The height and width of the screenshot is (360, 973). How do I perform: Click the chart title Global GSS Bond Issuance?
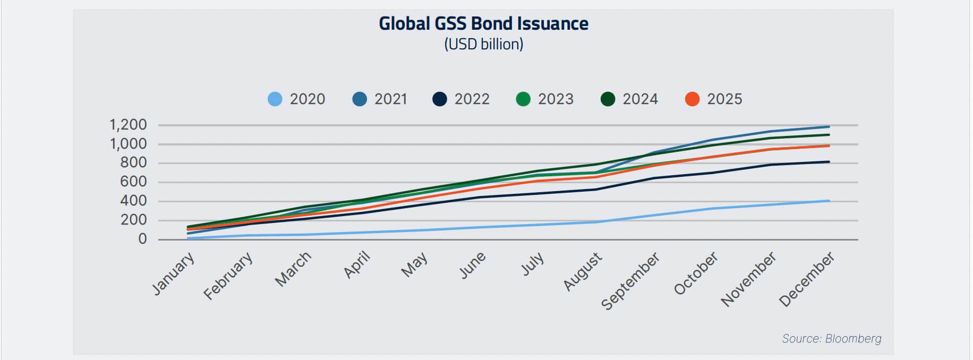pos(483,24)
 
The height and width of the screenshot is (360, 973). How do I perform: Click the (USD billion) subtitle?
pos(483,44)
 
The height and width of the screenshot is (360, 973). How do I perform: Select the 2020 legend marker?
pos(275,99)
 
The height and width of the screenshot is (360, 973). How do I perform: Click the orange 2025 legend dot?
pos(692,99)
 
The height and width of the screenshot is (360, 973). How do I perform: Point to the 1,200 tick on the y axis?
pos(128,125)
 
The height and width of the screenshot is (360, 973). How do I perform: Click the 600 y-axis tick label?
pos(133,182)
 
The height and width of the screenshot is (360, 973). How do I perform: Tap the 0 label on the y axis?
pos(142,239)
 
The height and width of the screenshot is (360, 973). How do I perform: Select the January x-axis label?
pos(174,273)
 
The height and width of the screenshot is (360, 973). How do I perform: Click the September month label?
pos(630,281)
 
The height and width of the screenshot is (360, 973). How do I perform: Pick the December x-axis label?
pos(807,279)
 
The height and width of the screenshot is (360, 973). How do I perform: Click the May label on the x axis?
pos(414,264)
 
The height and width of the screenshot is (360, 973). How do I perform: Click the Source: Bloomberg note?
pos(831,339)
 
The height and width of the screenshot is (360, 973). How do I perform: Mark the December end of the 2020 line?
pos(829,201)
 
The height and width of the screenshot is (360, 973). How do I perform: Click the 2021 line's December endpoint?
pos(829,127)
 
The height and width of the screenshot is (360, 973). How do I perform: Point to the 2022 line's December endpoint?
pos(829,162)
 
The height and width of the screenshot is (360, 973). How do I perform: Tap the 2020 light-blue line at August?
pos(598,222)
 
